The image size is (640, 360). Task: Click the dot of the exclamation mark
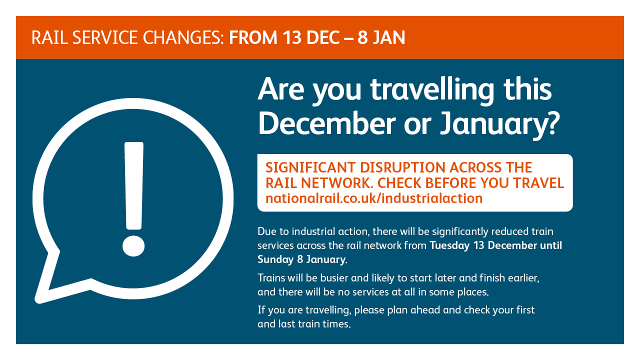[133, 245]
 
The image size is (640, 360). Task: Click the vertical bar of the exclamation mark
[133, 185]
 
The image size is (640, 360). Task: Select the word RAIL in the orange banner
[49, 37]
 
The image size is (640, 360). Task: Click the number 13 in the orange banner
[291, 37]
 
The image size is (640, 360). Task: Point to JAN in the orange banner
[389, 37]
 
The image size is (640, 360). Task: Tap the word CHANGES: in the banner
[183, 37]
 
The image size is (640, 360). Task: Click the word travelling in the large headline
[432, 90]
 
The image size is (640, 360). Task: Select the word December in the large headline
[327, 123]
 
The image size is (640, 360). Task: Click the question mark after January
[552, 123]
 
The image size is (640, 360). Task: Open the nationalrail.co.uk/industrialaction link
[374, 198]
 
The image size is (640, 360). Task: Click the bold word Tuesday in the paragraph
[449, 245]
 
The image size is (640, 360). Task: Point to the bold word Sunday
[275, 259]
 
